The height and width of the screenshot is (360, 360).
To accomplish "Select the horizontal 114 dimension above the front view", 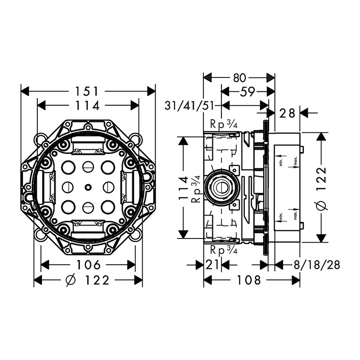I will point(88,105).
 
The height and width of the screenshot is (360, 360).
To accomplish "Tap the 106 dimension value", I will point(88,265).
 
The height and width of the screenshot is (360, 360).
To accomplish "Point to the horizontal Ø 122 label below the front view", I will point(88,281).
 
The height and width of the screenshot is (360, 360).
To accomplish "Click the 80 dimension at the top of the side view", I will point(239,77).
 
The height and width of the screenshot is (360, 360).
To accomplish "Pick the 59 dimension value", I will point(247,91).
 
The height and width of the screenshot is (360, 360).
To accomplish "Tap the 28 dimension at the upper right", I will point(287,113).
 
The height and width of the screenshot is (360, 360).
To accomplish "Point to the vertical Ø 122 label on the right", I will point(320,188).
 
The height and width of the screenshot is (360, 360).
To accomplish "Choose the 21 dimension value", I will point(212,265).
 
